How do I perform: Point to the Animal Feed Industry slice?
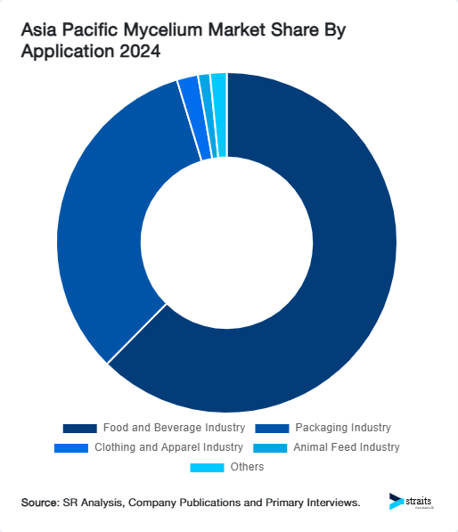[x=206, y=116]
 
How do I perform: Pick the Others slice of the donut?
[x=219, y=114]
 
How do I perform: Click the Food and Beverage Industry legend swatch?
[x=79, y=429]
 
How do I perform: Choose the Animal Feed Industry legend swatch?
[x=270, y=447]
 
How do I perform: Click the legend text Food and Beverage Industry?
[x=174, y=429]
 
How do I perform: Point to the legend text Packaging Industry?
[x=343, y=429]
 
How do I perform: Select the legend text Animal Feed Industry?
[x=347, y=447]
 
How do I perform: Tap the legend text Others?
[x=247, y=467]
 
